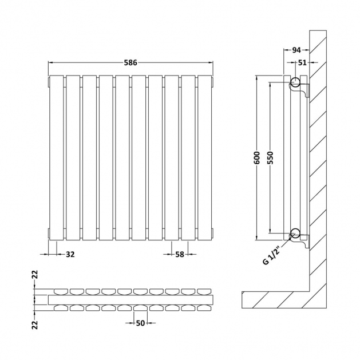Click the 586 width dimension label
tap(130, 62)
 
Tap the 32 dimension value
tap(70, 254)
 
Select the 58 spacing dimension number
tap(180, 254)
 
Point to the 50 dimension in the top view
tap(141, 323)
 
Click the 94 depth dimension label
tap(296, 50)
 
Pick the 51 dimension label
tap(302, 62)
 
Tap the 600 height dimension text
tap(257, 158)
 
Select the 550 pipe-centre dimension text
tap(271, 158)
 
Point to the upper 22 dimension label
tap(35, 275)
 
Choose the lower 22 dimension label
tap(35, 325)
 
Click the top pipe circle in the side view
tap(295, 82)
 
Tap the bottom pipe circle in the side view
tap(295, 233)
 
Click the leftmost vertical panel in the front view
tap(57, 158)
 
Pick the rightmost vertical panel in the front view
tap(204, 158)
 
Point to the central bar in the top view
tap(130, 300)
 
